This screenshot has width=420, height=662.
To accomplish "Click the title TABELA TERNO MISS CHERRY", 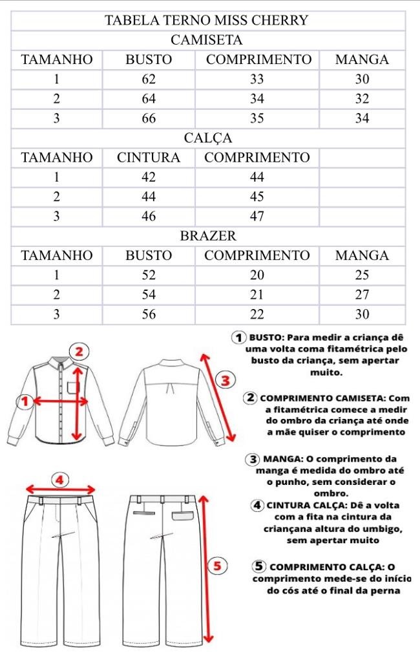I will [206, 20].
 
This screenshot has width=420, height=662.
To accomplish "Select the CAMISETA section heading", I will [206, 40].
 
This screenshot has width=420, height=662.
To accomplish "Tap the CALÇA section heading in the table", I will [207, 138].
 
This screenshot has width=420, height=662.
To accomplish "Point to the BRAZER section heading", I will [207, 236].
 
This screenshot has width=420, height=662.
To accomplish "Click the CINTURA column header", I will [149, 158].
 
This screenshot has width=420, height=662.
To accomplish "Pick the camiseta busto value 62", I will [149, 80].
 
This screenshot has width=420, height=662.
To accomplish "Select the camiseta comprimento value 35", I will [257, 118].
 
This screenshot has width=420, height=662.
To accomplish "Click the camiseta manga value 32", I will [362, 99].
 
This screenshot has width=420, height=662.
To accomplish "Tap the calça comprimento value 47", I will [257, 217].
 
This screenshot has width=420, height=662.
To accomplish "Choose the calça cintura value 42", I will [149, 177].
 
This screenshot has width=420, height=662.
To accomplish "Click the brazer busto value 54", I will [149, 295].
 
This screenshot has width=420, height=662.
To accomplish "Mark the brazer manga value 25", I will [362, 275].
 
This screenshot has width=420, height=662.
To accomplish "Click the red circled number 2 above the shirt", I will [79, 352].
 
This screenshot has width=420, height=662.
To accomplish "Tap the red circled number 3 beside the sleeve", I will [225, 380].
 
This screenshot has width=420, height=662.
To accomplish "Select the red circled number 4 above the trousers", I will [59, 480].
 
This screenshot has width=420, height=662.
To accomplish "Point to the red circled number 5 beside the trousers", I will [217, 566].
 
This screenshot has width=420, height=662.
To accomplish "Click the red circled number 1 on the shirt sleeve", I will [25, 401].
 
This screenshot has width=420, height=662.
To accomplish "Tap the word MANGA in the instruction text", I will [282, 459].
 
